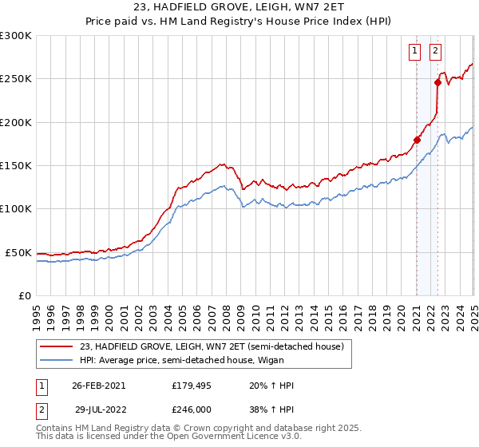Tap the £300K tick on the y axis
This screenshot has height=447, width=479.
[x=16, y=36]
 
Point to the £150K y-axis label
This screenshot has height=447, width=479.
[x=16, y=165]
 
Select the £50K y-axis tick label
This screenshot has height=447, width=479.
[x=19, y=252]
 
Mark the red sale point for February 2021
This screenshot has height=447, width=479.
[x=417, y=140]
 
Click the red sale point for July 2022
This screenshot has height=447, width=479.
[x=437, y=81]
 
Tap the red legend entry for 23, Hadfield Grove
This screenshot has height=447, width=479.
[x=212, y=346]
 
